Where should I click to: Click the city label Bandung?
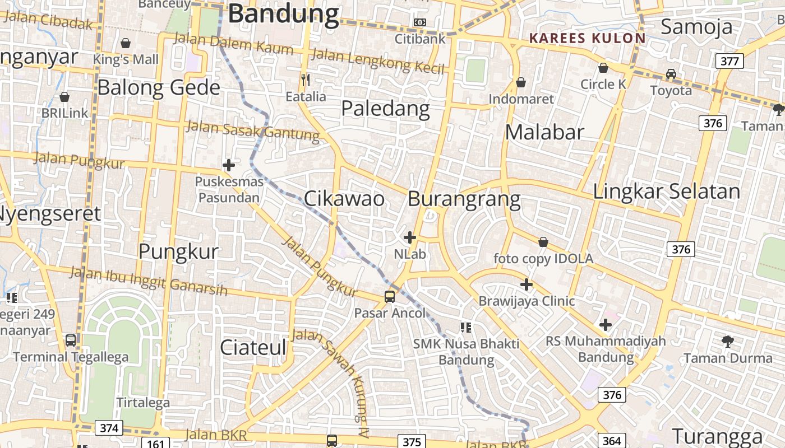click(284, 13)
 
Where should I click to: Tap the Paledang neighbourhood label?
click(386, 108)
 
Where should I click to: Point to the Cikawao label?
click(344, 198)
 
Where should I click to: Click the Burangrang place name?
click(464, 199)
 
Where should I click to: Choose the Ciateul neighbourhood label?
click(253, 347)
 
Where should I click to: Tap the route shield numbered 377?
click(729, 60)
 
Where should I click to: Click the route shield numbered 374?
click(109, 428)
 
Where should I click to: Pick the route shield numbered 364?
click(612, 441)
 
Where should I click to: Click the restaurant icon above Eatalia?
click(306, 80)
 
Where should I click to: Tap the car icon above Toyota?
click(671, 73)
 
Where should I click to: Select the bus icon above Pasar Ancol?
click(390, 297)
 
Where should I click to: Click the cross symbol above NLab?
click(410, 237)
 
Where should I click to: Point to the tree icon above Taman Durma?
click(728, 340)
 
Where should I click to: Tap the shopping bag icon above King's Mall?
click(126, 43)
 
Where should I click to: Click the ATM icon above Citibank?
click(419, 22)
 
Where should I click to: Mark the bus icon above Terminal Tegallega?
click(71, 340)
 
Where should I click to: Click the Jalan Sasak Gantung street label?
click(252, 130)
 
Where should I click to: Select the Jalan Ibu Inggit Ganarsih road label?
click(149, 281)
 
